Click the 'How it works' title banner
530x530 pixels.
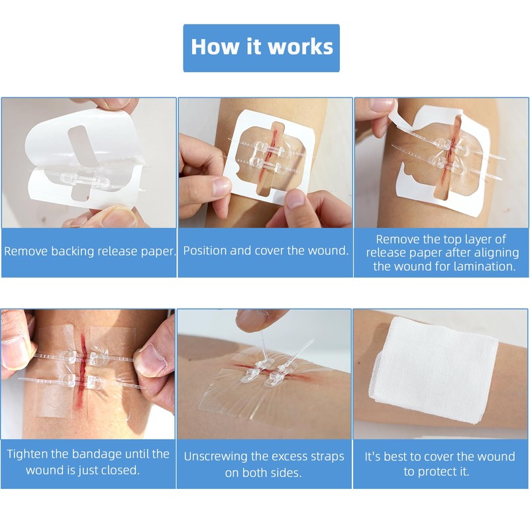pos(261,48)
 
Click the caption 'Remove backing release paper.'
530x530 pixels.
pos(89,251)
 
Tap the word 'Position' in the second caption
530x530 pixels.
pos(207,250)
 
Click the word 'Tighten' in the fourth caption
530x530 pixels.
pos(32,454)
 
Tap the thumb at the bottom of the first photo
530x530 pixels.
pos(106,215)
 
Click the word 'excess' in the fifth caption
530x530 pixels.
pos(291,456)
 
